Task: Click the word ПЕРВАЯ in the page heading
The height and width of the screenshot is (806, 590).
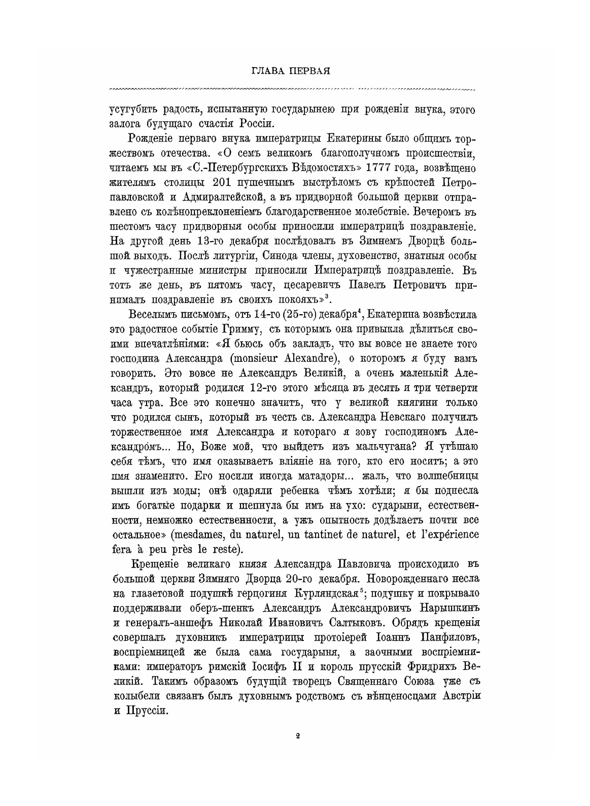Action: click(309, 71)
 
